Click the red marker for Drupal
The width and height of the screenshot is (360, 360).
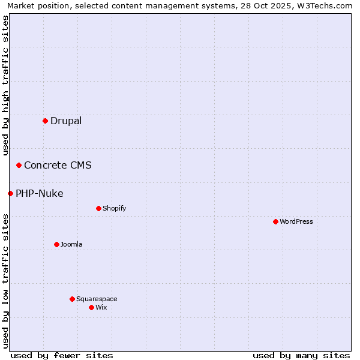(45, 121)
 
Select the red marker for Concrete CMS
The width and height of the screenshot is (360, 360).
(19, 165)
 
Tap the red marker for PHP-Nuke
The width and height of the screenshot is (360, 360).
(10, 193)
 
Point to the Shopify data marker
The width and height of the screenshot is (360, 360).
(98, 208)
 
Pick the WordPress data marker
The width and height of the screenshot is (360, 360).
(275, 221)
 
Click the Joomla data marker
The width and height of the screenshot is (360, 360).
(56, 244)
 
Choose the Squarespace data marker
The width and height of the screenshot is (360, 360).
(72, 299)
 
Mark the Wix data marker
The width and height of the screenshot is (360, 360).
(91, 307)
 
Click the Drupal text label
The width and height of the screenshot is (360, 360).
(66, 121)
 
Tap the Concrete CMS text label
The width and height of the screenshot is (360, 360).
(58, 165)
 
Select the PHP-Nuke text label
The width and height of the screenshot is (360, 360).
(39, 193)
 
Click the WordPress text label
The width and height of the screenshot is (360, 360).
(296, 221)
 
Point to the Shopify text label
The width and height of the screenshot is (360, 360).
(114, 208)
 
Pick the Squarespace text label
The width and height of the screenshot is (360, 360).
(97, 299)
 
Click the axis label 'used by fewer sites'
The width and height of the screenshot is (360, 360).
(62, 355)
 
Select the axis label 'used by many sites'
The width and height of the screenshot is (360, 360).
(301, 355)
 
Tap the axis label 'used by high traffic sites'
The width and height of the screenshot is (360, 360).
(6, 85)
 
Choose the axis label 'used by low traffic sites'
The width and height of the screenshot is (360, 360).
(6, 281)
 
